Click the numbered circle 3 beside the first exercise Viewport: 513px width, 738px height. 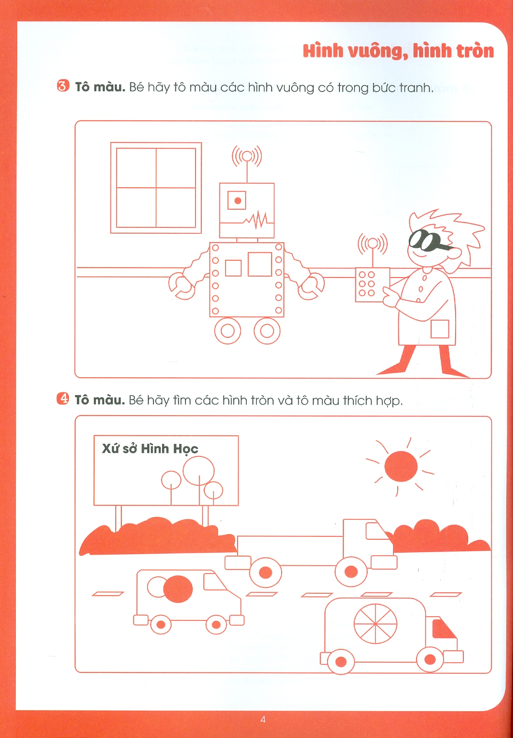[63, 86]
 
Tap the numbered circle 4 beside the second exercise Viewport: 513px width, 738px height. [63, 398]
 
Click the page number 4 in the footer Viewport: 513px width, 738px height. [263, 719]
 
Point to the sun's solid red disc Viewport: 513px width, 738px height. [401, 466]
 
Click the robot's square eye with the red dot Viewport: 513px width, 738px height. [237, 200]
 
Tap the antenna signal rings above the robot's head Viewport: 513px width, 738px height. [247, 157]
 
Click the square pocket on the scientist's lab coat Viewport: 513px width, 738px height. [440, 329]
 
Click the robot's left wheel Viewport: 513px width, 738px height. [228, 331]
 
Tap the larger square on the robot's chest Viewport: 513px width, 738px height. [260, 264]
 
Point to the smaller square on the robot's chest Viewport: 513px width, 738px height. [233, 268]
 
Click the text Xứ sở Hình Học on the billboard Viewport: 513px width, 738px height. [150, 449]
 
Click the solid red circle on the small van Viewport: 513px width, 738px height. [178, 589]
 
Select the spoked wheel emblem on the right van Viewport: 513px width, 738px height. [375, 624]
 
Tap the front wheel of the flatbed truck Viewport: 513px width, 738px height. [351, 572]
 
